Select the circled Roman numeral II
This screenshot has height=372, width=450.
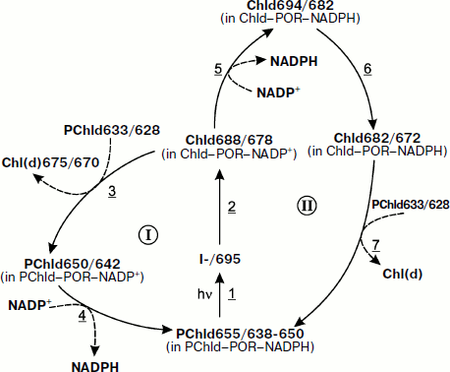tap(304, 205)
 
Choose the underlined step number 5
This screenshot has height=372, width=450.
tap(219, 69)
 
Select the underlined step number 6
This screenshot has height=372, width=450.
tap(367, 69)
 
